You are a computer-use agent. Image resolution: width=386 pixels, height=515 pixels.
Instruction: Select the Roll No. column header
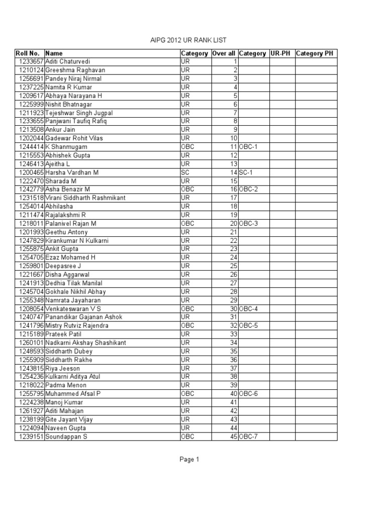pos(27,53)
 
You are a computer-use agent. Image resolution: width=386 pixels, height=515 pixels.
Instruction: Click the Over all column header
pos(224,53)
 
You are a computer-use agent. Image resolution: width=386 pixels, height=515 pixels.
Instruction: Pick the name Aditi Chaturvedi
pos(68,62)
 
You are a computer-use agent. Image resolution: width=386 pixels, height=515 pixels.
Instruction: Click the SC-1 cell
pos(247,173)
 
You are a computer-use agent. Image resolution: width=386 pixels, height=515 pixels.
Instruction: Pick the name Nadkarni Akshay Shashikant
pos(85,343)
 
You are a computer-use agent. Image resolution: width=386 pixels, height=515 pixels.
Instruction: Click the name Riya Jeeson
pos(63,369)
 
